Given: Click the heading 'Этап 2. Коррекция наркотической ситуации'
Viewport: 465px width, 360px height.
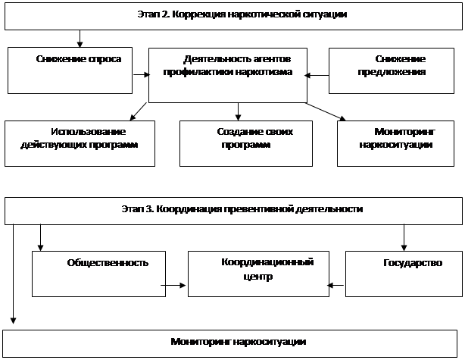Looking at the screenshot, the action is point(242,14).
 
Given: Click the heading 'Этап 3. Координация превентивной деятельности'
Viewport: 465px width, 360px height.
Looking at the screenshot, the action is point(242,209).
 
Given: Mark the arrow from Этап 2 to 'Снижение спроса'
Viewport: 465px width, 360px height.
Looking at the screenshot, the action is point(80,39).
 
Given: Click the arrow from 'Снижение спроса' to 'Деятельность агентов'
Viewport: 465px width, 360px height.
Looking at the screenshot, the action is point(142,74).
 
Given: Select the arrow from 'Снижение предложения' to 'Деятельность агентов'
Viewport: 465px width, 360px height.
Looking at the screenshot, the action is point(317,75).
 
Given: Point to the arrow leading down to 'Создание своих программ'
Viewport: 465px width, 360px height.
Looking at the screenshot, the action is point(238,111).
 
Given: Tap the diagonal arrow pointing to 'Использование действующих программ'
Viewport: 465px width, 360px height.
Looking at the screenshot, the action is point(138,111).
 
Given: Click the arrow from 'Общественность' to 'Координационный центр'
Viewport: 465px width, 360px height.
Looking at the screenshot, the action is point(173,286).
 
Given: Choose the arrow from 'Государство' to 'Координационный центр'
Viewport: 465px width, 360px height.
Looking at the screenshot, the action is point(335,286).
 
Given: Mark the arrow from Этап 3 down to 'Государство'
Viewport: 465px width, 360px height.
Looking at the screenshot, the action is point(404,238).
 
